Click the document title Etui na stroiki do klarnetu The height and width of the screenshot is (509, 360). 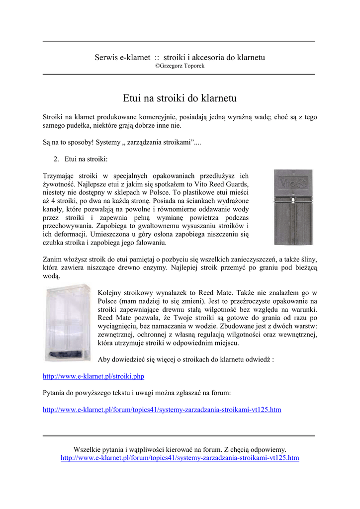click(x=180, y=98)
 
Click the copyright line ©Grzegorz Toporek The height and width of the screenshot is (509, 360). click(x=180, y=66)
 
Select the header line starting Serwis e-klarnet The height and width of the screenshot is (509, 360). click(x=180, y=57)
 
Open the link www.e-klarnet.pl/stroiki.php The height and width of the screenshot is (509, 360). click(x=93, y=376)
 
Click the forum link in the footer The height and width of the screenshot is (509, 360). click(x=180, y=457)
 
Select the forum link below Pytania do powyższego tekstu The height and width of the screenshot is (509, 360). click(x=162, y=410)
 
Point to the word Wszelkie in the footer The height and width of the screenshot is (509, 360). click(x=87, y=449)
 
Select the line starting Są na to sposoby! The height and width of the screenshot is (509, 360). click(x=122, y=143)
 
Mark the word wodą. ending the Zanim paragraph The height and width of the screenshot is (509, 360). click(x=51, y=276)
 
